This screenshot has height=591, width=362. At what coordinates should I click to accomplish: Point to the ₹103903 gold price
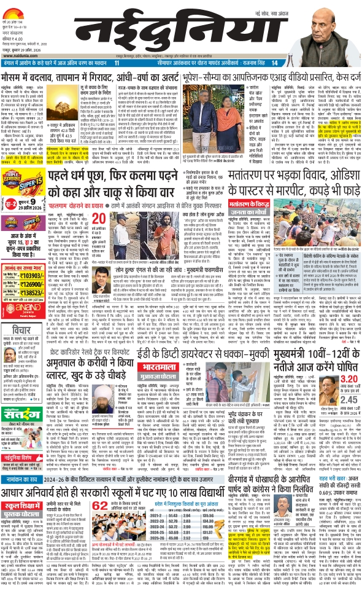34,295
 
